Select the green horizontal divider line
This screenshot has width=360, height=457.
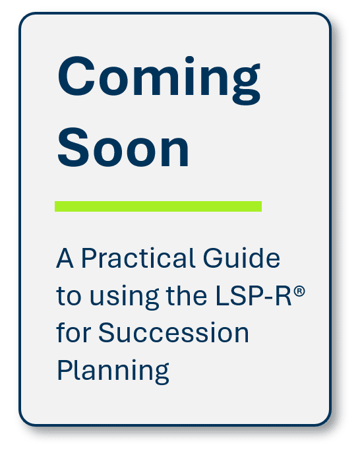coord(158,206)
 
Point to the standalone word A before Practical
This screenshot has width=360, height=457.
coord(63,259)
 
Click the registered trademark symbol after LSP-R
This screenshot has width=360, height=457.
coord(299,290)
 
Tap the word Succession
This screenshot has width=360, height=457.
coord(174,333)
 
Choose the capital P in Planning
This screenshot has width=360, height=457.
coord(64,370)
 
